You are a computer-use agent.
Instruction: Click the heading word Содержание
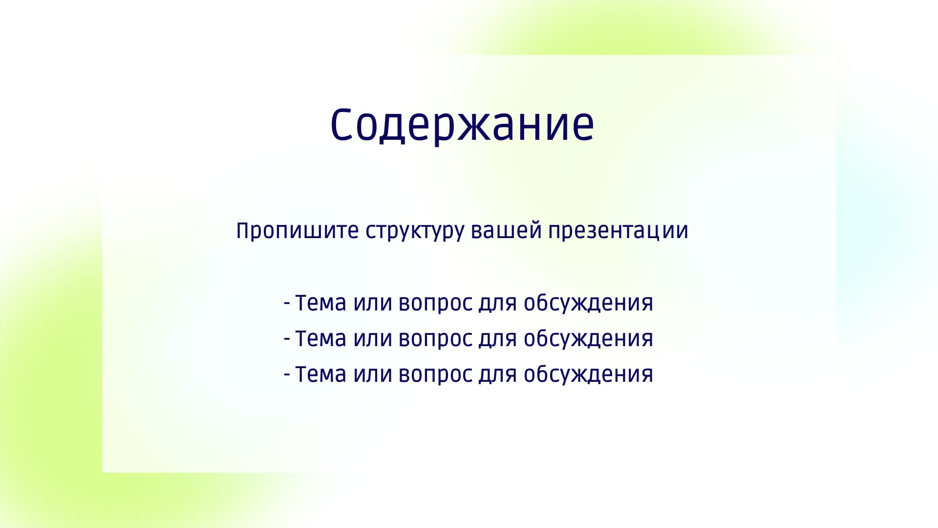click(x=462, y=125)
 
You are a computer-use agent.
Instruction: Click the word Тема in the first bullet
click(x=321, y=303)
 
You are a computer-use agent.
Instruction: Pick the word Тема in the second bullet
click(x=321, y=339)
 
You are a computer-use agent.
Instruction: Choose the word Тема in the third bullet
click(x=321, y=374)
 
